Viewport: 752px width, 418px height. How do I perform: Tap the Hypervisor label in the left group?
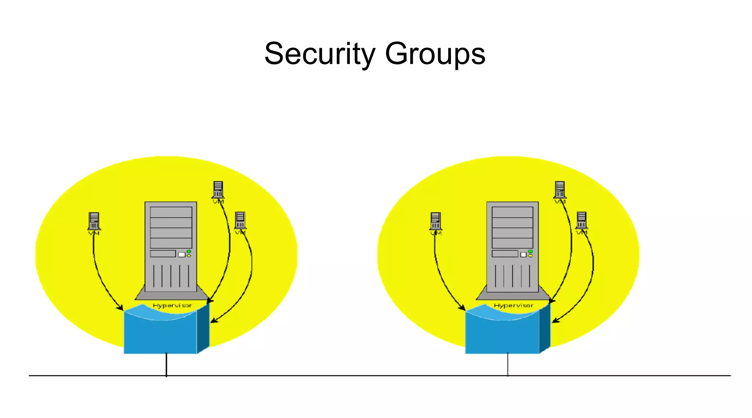pyautogui.click(x=172, y=306)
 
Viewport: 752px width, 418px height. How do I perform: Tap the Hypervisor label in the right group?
pyautogui.click(x=513, y=306)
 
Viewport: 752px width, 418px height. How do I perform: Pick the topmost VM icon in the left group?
pyautogui.click(x=218, y=190)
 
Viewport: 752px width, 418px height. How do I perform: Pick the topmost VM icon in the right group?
pyautogui.click(x=560, y=190)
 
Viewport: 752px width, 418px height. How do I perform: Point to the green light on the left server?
pyautogui.click(x=189, y=251)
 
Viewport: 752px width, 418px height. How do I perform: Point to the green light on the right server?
pyautogui.click(x=530, y=251)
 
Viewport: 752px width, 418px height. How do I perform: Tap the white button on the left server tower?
pyautogui.click(x=181, y=255)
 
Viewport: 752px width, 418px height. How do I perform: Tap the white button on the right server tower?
pyautogui.click(x=523, y=255)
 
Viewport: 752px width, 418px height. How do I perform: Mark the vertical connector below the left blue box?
pyautogui.click(x=166, y=364)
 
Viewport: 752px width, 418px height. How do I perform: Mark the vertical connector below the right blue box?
pyautogui.click(x=508, y=364)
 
